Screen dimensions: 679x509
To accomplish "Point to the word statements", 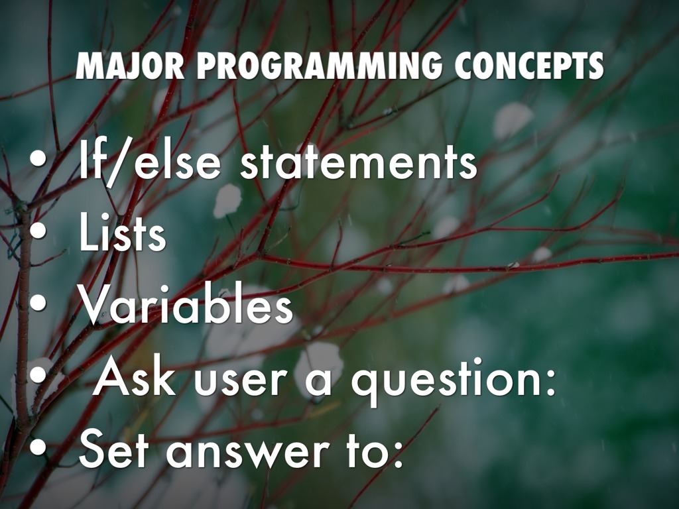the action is coord(359,162).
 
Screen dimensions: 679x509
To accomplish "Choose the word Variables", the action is coord(186,305).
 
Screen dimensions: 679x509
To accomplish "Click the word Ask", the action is coord(135,377).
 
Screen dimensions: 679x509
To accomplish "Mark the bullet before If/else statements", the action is coord(38,159).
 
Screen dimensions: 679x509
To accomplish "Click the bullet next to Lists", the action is coord(38,231).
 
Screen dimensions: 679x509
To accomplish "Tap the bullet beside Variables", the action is coord(38,303).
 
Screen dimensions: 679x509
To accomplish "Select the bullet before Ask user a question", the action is coord(38,375).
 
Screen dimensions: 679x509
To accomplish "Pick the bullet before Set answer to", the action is coord(38,447).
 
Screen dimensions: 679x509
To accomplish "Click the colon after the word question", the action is coord(550,382).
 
